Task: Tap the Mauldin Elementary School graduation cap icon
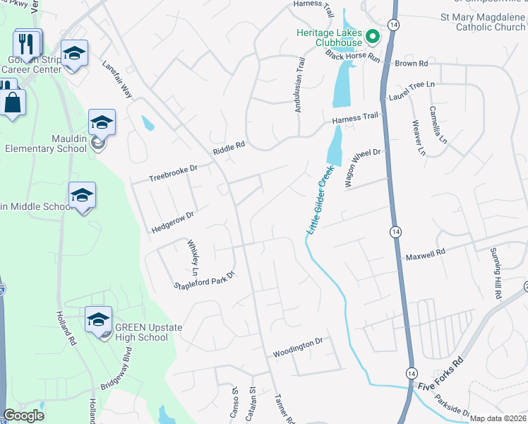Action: pos(102,122)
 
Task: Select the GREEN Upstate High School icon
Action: pos(98,319)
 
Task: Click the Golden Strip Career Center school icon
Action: pos(73,53)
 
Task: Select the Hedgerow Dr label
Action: pos(172,222)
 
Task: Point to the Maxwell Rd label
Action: pos(425,252)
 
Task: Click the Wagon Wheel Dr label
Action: pos(362,167)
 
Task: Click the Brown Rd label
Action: pos(412,63)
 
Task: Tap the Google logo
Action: pos(24,416)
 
